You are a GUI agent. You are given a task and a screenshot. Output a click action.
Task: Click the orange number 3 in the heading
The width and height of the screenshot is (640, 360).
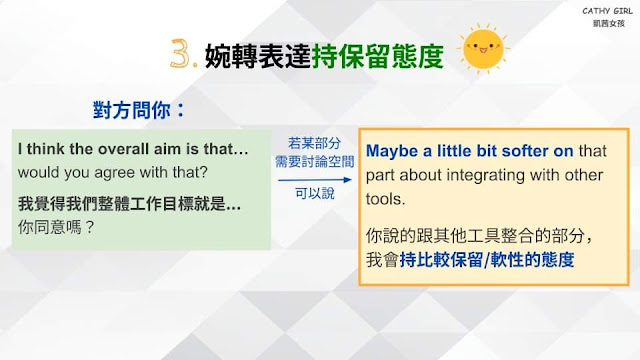click(181, 53)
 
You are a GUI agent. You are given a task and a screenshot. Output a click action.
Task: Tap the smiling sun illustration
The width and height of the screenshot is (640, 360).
click(483, 49)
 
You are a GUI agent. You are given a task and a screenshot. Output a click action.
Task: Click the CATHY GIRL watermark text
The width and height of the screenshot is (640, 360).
click(607, 11)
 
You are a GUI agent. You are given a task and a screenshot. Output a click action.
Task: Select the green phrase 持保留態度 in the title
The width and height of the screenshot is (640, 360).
click(378, 56)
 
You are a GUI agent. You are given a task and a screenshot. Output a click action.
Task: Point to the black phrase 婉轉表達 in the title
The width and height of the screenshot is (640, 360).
click(258, 56)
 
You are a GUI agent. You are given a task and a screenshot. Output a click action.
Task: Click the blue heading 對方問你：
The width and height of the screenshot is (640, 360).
click(139, 110)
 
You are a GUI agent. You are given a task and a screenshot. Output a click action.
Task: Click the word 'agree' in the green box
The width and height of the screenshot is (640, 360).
click(122, 173)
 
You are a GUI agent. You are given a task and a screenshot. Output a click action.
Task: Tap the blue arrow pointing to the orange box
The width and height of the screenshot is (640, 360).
click(314, 180)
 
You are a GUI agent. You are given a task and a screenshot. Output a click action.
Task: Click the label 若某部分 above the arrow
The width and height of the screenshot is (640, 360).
click(314, 143)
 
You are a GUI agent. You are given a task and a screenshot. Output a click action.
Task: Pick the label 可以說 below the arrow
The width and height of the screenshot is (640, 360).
click(315, 193)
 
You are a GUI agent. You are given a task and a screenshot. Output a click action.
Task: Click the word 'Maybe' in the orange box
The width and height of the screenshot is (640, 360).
click(392, 151)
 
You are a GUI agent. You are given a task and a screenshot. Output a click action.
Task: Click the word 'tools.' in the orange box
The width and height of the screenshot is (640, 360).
click(385, 199)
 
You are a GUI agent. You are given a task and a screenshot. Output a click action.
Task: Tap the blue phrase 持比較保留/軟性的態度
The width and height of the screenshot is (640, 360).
click(487, 260)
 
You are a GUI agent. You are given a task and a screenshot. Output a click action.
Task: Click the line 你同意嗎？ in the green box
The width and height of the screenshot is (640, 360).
click(56, 227)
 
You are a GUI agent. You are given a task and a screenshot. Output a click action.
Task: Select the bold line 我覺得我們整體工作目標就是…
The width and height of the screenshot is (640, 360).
click(129, 204)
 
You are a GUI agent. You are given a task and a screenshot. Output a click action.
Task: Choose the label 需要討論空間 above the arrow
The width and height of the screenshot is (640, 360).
click(314, 162)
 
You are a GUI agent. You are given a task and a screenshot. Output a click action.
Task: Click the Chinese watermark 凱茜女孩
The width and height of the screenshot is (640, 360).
click(609, 23)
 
